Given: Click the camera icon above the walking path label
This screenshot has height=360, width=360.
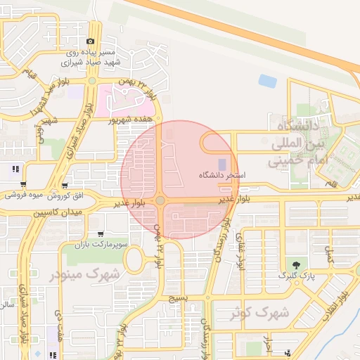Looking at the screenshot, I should click(x=91, y=43).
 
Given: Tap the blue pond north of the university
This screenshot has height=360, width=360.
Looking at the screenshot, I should click(x=267, y=81).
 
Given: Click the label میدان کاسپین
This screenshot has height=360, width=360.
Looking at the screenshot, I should click(x=57, y=212).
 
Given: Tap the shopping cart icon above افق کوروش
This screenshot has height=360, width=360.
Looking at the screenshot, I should click(x=65, y=186).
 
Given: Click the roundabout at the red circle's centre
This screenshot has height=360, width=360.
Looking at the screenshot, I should click(x=160, y=201).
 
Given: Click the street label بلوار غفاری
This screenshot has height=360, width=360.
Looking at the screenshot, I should click(x=242, y=250).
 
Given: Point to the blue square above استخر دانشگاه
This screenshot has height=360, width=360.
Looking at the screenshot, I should click(x=222, y=164).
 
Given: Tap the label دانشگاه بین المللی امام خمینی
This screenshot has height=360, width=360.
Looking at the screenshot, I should click(x=294, y=144).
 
